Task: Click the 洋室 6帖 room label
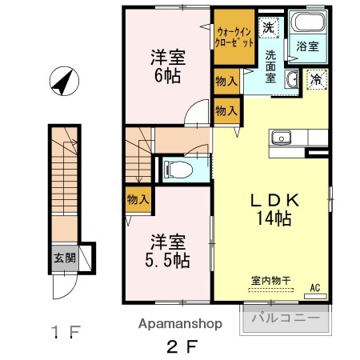pyautogui.click(x=167, y=67)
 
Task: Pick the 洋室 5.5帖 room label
pyautogui.click(x=167, y=250)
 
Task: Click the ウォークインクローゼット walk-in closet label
pyautogui.click(x=235, y=37)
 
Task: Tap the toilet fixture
pyautogui.click(x=175, y=168)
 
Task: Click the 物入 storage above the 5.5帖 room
pyautogui.click(x=138, y=198)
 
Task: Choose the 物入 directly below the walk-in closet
pyautogui.click(x=226, y=81)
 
